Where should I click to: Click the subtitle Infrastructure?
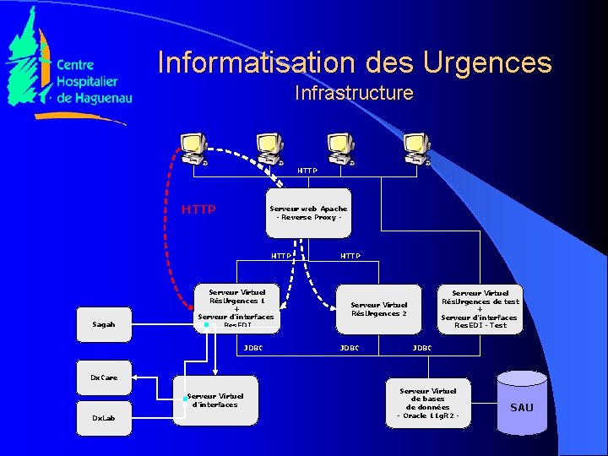click(354, 93)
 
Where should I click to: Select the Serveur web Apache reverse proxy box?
click(308, 213)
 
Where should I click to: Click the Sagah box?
click(103, 324)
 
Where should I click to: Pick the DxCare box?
click(103, 377)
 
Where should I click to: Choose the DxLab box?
click(103, 418)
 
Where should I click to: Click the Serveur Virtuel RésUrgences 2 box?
click(378, 308)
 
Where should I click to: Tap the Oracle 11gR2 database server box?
click(427, 403)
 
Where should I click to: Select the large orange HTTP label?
click(198, 209)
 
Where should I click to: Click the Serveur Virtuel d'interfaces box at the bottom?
click(215, 400)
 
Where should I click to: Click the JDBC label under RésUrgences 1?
click(253, 347)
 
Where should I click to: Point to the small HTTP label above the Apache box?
click(307, 171)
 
